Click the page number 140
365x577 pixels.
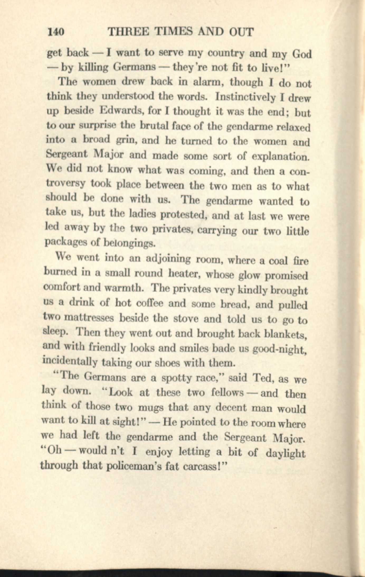click(55, 32)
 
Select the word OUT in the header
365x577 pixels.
click(241, 32)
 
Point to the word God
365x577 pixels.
click(302, 54)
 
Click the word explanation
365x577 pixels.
click(280, 157)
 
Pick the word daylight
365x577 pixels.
click(285, 454)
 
